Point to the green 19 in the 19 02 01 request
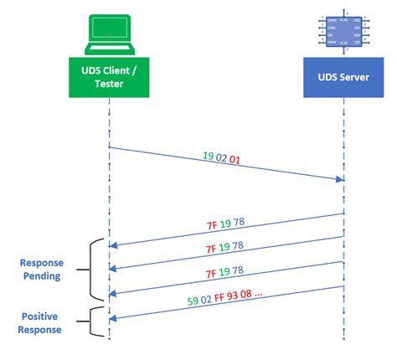[208, 157]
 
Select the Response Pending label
[41, 269]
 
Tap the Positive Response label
[41, 323]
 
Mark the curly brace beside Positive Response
[93, 322]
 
